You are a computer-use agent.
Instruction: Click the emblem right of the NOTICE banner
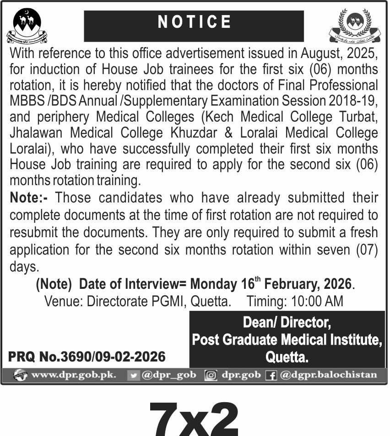click(x=355, y=26)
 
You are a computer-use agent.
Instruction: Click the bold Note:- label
click(x=32, y=198)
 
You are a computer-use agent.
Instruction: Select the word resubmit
click(x=33, y=232)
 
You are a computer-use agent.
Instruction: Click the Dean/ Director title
click(x=287, y=323)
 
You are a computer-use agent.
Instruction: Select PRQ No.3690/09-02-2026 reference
click(x=87, y=356)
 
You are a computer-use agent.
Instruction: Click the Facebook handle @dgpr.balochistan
click(x=328, y=375)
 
